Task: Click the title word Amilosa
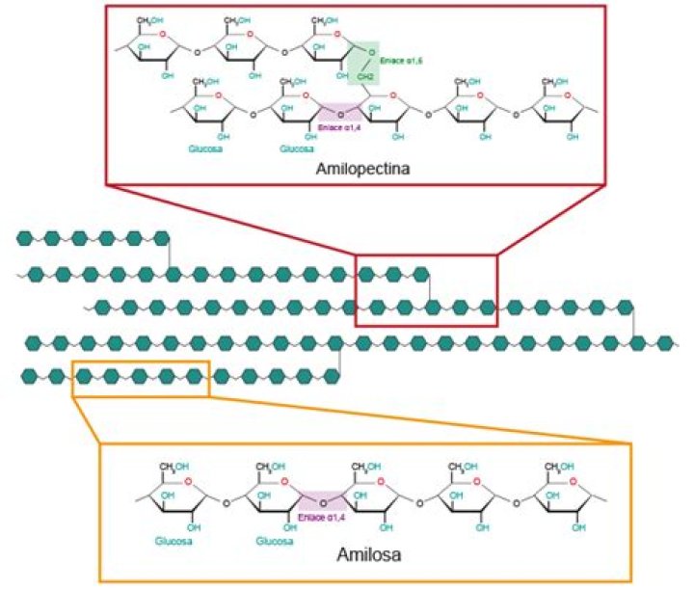click(364, 555)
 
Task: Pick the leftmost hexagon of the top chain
click(24, 237)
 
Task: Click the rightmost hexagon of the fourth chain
click(664, 342)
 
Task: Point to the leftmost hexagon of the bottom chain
click(29, 375)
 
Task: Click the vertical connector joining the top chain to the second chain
click(171, 256)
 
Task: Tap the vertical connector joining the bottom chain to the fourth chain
click(340, 360)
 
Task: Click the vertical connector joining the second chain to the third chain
click(429, 291)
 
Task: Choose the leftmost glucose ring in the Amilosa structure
click(175, 490)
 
